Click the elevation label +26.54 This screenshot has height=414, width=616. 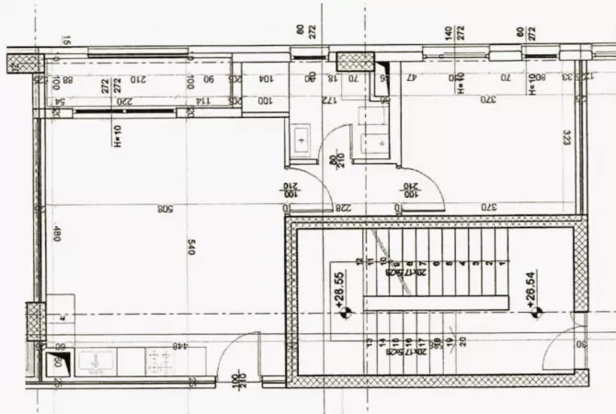coord(530,282)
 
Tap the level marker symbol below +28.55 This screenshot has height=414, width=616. coord(345,313)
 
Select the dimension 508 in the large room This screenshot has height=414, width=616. coord(165,209)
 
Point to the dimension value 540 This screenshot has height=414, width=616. coord(191,248)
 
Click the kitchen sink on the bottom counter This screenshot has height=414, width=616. coord(95,362)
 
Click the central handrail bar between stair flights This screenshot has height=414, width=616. coord(438,302)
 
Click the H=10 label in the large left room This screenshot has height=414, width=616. coord(118,137)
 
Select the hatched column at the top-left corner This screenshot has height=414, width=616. coord(26,63)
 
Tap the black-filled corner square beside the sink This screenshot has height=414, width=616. coord(59,362)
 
